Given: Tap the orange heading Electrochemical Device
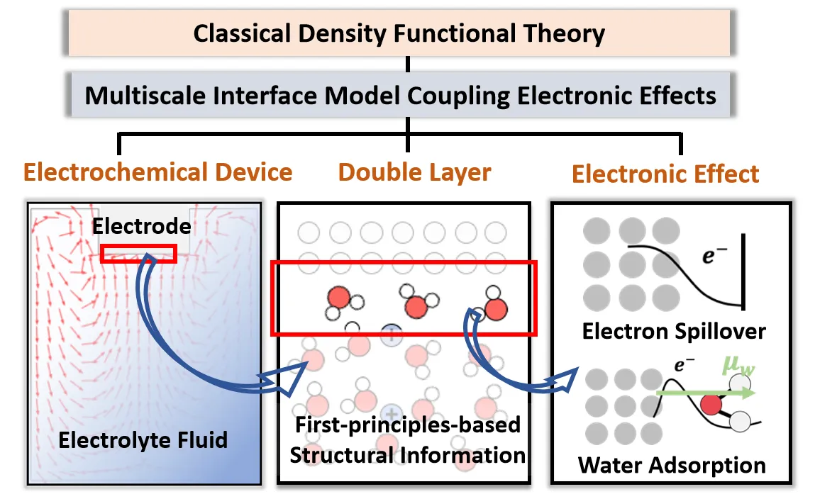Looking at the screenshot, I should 158,172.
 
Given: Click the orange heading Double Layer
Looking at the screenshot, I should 414,172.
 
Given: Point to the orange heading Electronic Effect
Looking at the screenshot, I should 665,174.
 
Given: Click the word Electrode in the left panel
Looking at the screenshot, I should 142,226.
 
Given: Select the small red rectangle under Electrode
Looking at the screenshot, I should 138,253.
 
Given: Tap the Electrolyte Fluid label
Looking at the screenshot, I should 143,439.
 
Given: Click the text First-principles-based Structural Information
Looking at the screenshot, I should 407,439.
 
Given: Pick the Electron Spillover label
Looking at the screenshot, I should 674,331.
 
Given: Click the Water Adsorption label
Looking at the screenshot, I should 672,465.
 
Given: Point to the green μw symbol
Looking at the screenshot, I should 741,368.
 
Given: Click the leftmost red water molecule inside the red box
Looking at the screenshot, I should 338,298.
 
